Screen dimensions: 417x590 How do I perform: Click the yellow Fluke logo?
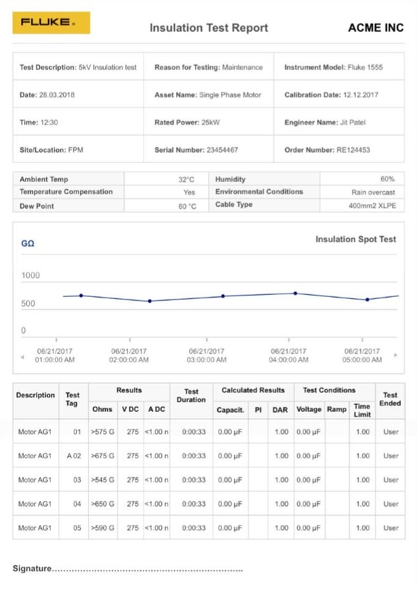[51, 22]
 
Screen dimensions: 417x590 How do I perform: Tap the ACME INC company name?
[376, 28]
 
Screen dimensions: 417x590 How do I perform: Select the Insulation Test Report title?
[209, 28]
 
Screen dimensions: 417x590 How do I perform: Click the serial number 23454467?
[222, 150]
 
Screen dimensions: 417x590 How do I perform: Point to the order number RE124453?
[353, 150]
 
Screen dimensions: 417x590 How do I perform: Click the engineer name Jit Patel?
[353, 123]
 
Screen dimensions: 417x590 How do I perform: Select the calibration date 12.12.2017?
[360, 95]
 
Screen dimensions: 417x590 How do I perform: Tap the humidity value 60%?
[388, 179]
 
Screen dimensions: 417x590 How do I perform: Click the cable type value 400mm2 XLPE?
[372, 206]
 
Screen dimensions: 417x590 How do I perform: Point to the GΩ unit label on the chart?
[28, 243]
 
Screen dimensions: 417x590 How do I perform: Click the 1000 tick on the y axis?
[30, 275]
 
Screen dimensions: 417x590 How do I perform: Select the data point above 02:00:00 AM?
[150, 301]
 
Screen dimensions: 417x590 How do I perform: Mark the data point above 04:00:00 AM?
[296, 293]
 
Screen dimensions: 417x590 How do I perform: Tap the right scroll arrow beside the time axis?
[395, 355]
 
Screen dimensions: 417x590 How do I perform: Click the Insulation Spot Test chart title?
[355, 240]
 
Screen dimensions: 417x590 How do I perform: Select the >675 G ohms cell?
[102, 455]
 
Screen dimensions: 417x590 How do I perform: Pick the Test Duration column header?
[191, 395]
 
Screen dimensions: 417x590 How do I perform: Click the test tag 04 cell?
[77, 504]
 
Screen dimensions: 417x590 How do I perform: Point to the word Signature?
[32, 568]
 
